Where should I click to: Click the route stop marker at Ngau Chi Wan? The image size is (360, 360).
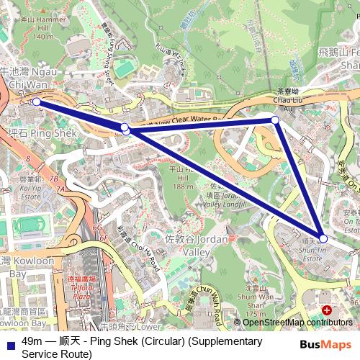pos(36,102)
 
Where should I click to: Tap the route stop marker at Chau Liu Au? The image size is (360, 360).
pos(275,120)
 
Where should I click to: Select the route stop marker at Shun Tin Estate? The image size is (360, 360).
pos(323,238)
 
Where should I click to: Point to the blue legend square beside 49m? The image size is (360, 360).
pos(7,343)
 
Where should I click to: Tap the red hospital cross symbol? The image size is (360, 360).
pos(328,310)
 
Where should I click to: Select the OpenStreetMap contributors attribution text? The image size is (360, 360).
pos(297,323)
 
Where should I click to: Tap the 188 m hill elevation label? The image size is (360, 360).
pos(184,186)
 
